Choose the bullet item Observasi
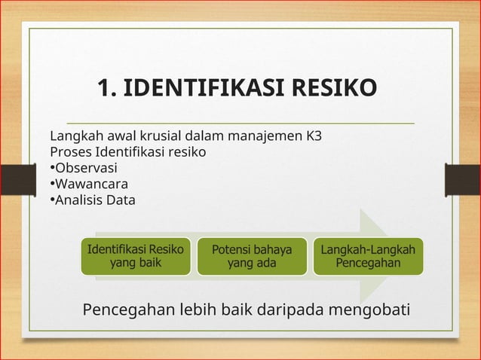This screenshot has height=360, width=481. pyautogui.click(x=84, y=169)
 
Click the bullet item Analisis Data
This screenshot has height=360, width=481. pyautogui.click(x=92, y=200)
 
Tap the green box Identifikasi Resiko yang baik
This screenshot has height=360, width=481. pyautogui.click(x=135, y=256)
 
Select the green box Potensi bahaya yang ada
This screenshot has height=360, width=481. pyautogui.click(x=252, y=256)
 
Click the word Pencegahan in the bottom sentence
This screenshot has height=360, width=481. pyautogui.click(x=129, y=310)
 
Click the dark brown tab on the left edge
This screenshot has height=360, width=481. pyautogui.click(x=11, y=180)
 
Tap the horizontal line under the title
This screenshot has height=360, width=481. pyautogui.click(x=241, y=122)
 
